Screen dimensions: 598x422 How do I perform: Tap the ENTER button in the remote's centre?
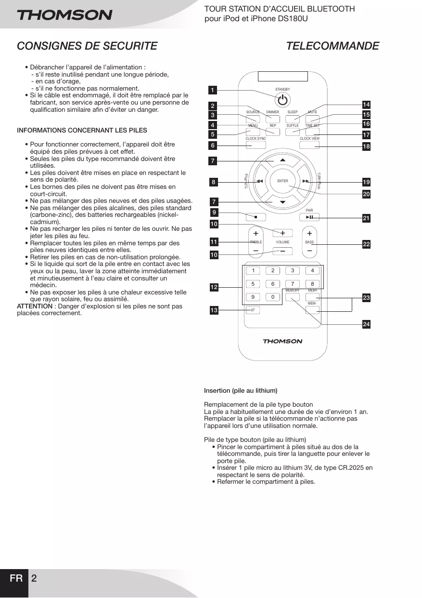tap(282, 181)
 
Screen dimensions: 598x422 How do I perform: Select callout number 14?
tap(366, 105)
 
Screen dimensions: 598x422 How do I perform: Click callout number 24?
tap(366, 324)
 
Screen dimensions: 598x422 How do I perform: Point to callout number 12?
tap(214, 287)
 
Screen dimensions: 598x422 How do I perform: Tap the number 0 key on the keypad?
tap(273, 297)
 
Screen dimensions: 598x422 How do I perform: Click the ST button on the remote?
tap(253, 310)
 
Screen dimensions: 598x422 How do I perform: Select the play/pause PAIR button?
tap(309, 217)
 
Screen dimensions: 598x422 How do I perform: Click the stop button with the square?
tap(256, 217)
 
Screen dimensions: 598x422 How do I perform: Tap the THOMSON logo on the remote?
tap(282, 341)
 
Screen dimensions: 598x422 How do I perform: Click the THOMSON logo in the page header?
tap(64, 15)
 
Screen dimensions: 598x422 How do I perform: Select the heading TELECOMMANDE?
tap(332, 46)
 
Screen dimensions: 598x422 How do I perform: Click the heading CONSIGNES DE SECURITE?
tap(87, 46)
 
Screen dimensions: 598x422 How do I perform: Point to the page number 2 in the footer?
tap(34, 578)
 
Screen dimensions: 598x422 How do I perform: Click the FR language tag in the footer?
tap(16, 578)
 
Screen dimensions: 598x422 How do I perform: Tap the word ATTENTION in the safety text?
tap(35, 306)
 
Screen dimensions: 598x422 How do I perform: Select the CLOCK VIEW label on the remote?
tap(309, 138)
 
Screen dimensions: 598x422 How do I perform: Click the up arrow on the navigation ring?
tap(282, 160)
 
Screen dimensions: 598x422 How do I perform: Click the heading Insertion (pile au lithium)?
tap(241, 390)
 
